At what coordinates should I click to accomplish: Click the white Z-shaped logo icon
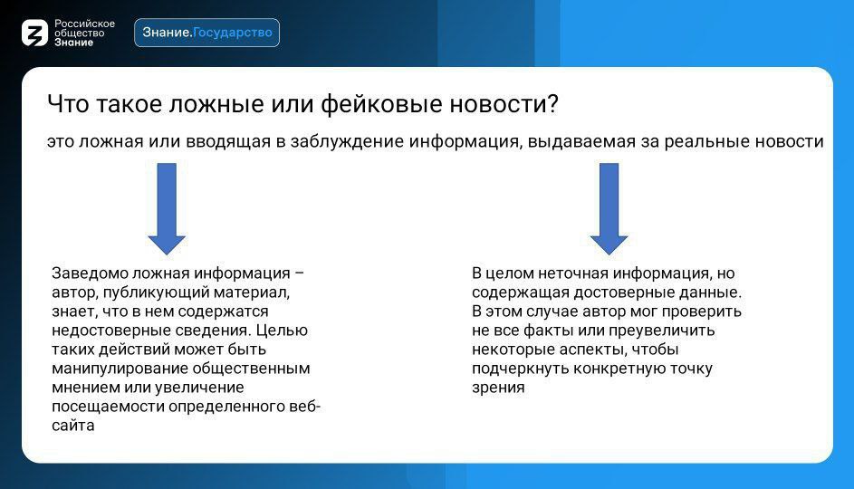34,33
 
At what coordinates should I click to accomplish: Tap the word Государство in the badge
233,33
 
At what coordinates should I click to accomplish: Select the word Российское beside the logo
84,24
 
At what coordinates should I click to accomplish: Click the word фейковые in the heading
381,103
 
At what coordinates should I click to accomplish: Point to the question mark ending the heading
552,103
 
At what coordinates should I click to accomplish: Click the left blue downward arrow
167,208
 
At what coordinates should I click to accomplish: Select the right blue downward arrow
609,208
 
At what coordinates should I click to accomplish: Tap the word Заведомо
90,273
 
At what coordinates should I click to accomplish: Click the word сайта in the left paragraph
73,426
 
